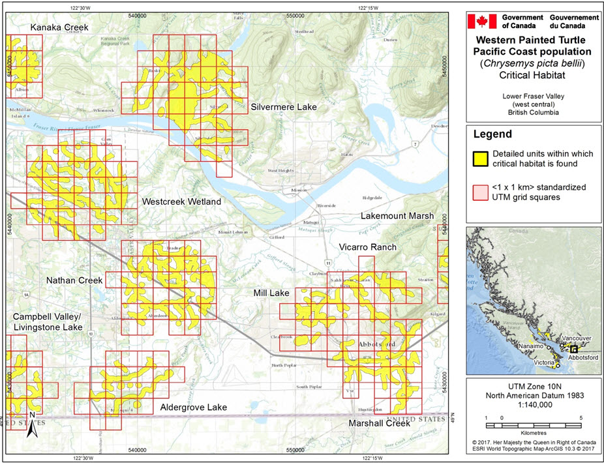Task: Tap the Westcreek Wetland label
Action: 181,202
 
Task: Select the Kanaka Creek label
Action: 59,27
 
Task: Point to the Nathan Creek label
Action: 74,280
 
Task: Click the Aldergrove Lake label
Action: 193,408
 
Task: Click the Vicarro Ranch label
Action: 367,247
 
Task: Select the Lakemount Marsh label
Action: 397,216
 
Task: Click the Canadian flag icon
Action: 482,21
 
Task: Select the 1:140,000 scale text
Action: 534,404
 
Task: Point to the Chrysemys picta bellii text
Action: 533,63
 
